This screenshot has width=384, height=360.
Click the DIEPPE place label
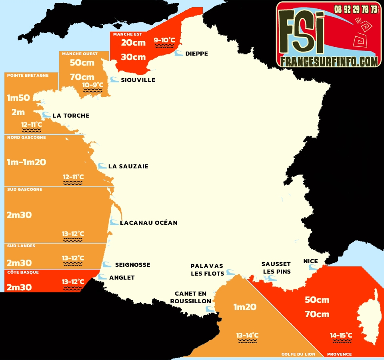[197, 54]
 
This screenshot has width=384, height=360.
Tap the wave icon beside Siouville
[114, 80]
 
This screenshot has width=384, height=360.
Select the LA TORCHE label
[71, 116]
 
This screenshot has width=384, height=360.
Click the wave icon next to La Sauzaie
[102, 166]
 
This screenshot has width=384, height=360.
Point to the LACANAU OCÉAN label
[148, 222]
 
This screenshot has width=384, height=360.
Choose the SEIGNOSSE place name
[132, 264]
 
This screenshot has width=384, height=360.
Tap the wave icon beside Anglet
[102, 277]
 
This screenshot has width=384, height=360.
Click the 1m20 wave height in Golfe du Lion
[245, 307]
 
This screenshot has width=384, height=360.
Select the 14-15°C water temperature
[341, 335]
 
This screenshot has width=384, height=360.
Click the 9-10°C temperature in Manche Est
[164, 40]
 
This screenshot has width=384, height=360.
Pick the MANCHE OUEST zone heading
[80, 54]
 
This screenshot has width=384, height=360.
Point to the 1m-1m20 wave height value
[26, 162]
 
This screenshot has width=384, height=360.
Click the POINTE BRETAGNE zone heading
[28, 75]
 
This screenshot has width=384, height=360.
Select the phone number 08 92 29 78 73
[356, 9]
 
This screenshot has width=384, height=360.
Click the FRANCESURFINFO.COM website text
[329, 61]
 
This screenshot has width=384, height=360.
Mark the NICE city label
[310, 261]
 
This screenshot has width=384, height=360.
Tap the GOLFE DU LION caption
[298, 354]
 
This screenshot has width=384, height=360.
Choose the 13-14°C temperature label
[247, 335]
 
